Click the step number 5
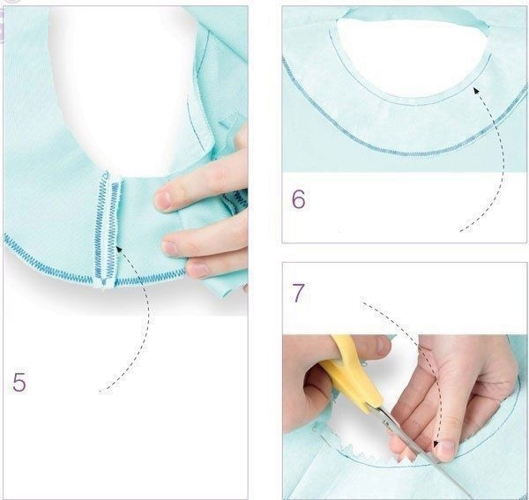click(x=19, y=382)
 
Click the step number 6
click(x=298, y=199)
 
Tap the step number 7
click(x=298, y=293)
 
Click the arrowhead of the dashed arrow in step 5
click(x=119, y=250)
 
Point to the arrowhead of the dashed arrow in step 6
click(x=476, y=91)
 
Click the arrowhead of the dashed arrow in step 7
click(x=436, y=444)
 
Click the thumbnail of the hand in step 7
click(x=445, y=451)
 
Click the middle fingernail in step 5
click(x=169, y=248)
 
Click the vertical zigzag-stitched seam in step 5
click(x=108, y=229)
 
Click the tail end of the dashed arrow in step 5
click(x=101, y=392)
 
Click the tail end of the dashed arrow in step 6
click(x=461, y=231)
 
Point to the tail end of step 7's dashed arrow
click(x=361, y=302)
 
